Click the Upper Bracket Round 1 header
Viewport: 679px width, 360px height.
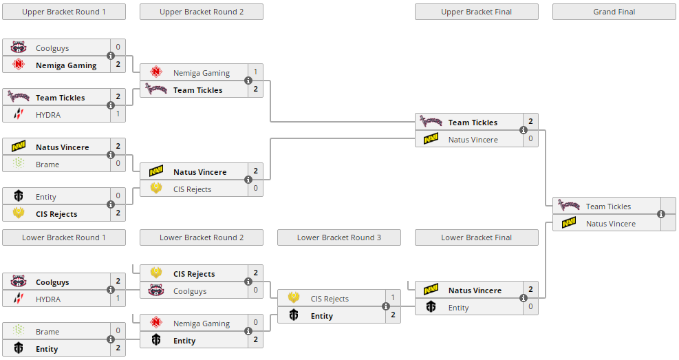click(64, 12)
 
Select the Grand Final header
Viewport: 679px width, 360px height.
click(614, 12)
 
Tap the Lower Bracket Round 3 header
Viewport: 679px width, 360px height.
click(338, 237)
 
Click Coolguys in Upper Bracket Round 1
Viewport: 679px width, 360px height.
click(52, 48)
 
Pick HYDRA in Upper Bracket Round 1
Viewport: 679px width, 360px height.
click(48, 115)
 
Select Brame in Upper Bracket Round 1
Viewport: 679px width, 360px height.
click(47, 165)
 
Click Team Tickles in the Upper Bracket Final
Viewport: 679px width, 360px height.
click(473, 123)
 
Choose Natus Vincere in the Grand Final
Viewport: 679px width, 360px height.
click(610, 224)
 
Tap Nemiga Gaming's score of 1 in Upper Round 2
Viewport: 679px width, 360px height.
click(255, 72)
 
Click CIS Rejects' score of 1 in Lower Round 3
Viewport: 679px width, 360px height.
click(393, 297)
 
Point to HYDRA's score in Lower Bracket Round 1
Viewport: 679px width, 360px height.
click(118, 298)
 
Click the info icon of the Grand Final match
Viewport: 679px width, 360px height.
click(661, 214)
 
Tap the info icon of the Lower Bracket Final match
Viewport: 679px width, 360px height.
click(524, 298)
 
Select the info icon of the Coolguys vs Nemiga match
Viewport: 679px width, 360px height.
click(111, 56)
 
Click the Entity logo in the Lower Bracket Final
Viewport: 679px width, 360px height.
click(431, 307)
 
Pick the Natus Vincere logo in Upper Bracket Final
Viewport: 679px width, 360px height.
click(431, 139)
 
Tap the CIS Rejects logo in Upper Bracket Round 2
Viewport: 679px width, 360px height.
click(156, 189)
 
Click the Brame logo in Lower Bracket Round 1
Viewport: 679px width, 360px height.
click(19, 331)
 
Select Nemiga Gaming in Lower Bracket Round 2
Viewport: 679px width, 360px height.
click(201, 324)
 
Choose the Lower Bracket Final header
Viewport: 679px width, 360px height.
click(476, 237)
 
